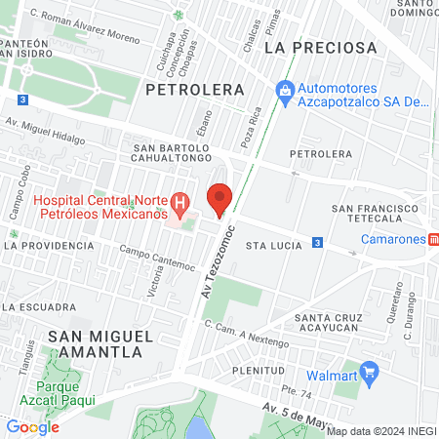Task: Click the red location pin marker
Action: point(219,198)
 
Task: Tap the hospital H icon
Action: point(180,204)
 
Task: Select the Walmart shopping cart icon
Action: point(369,372)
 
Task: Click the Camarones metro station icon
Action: point(432,240)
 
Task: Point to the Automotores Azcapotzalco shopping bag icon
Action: point(285,91)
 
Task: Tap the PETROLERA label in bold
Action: point(194,89)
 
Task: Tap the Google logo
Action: point(32,426)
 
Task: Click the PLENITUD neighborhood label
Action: point(258,371)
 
